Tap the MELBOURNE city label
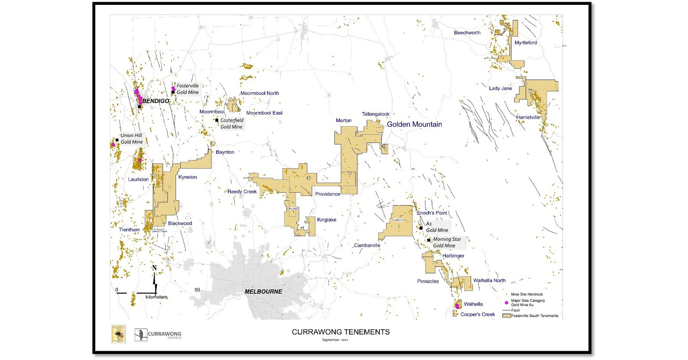click(263, 292)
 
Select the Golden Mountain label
click(414, 124)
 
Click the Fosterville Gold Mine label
click(187, 89)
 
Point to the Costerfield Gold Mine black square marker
click(217, 120)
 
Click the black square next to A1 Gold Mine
click(421, 228)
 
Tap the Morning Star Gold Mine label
click(447, 242)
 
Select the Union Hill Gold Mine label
click(132, 139)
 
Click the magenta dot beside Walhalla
click(457, 306)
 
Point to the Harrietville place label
click(528, 117)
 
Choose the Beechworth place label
click(467, 33)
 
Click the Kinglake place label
click(327, 220)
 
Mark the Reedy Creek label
click(242, 192)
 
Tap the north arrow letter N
click(155, 268)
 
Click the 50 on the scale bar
click(198, 290)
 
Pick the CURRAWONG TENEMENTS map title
click(341, 332)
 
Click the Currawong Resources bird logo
click(141, 335)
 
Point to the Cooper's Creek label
click(478, 314)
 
